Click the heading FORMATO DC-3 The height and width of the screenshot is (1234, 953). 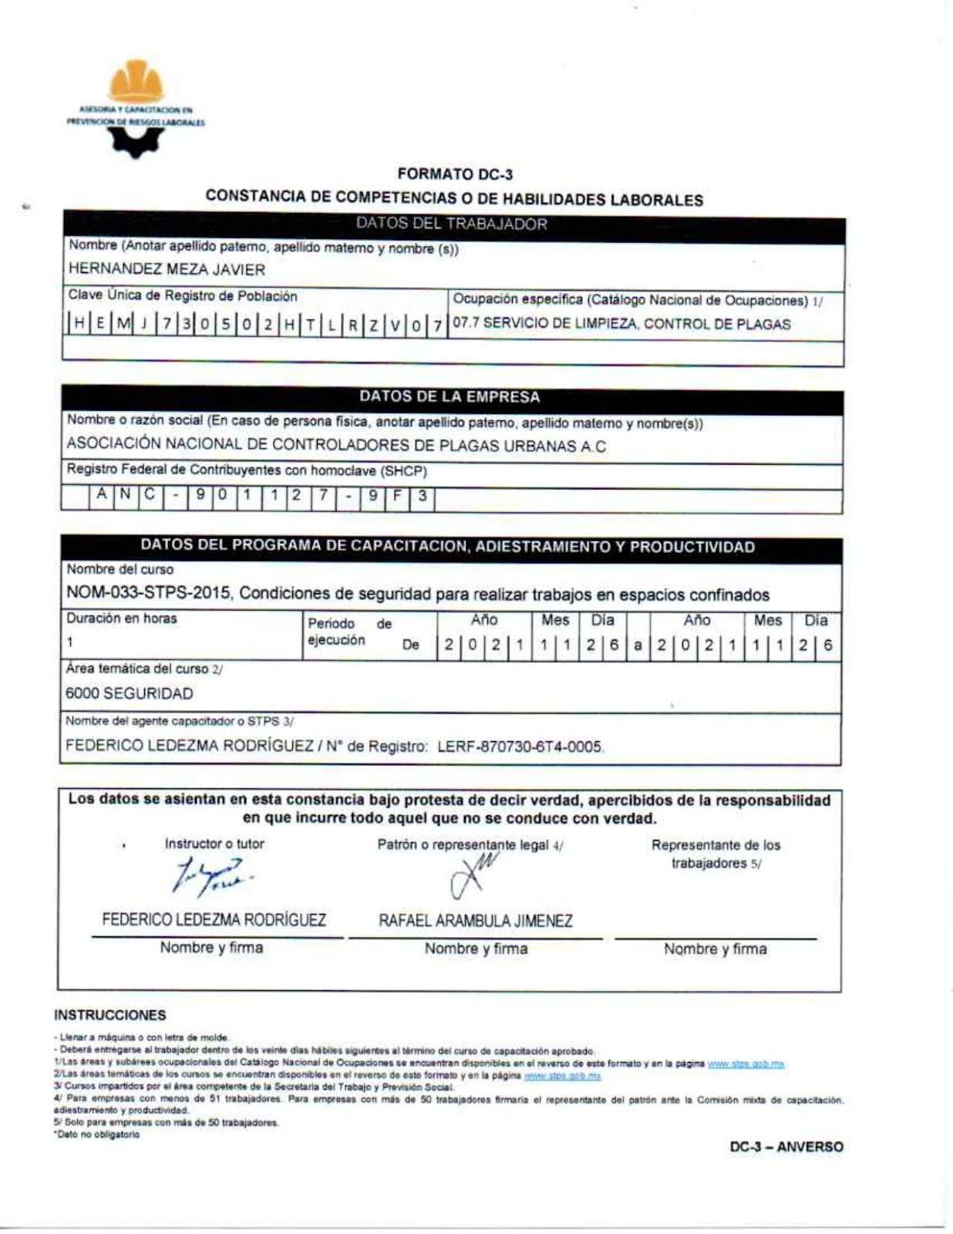point(455,175)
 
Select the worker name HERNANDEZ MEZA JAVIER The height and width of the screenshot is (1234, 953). point(167,270)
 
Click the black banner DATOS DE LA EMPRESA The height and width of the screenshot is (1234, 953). point(450,397)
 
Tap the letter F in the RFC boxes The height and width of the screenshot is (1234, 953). point(397,496)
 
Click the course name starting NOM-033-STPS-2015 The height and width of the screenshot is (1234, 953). point(417,595)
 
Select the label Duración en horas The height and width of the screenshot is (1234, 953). point(122,619)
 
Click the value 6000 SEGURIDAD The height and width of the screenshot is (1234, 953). point(130,693)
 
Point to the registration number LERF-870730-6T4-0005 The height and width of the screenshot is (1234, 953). point(520,747)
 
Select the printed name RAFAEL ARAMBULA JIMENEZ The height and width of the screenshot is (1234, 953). point(476,921)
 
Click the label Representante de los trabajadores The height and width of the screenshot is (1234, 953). point(716,854)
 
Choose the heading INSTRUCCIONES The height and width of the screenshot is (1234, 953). point(110,1015)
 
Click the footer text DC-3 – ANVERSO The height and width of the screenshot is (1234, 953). point(786,1147)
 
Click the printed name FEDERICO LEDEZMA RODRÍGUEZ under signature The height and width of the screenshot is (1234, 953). point(214,920)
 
